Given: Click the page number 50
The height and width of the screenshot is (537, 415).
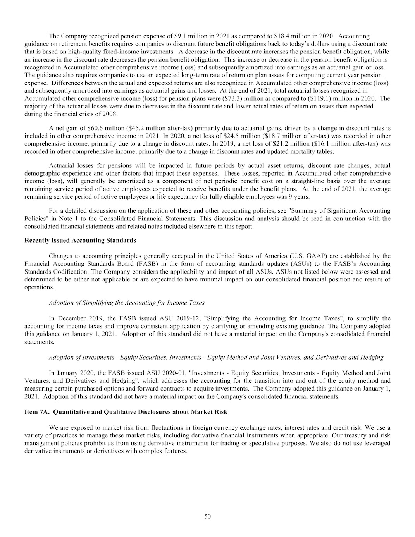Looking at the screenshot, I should tap(207, 516).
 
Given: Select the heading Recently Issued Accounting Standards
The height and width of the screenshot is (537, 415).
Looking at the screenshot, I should tap(80, 240).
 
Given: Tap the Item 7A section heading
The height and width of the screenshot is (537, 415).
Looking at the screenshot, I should tap(126, 412).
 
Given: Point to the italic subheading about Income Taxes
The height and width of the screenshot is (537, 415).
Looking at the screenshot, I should tap(127, 302).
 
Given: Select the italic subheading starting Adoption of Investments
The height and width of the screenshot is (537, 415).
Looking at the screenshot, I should tap(216, 357).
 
